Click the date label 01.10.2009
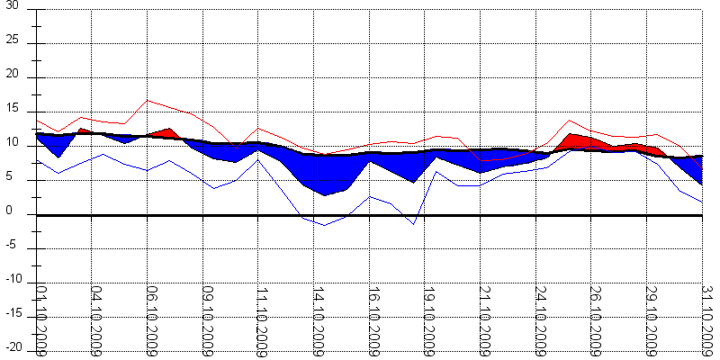[x=40, y=320]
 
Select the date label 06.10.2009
[x=151, y=320]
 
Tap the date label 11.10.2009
[x=262, y=320]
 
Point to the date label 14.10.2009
[x=318, y=320]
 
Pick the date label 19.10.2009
[x=428, y=320]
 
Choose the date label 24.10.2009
[x=539, y=320]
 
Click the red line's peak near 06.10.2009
[x=148, y=100]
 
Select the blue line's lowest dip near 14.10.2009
[x=325, y=225]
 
